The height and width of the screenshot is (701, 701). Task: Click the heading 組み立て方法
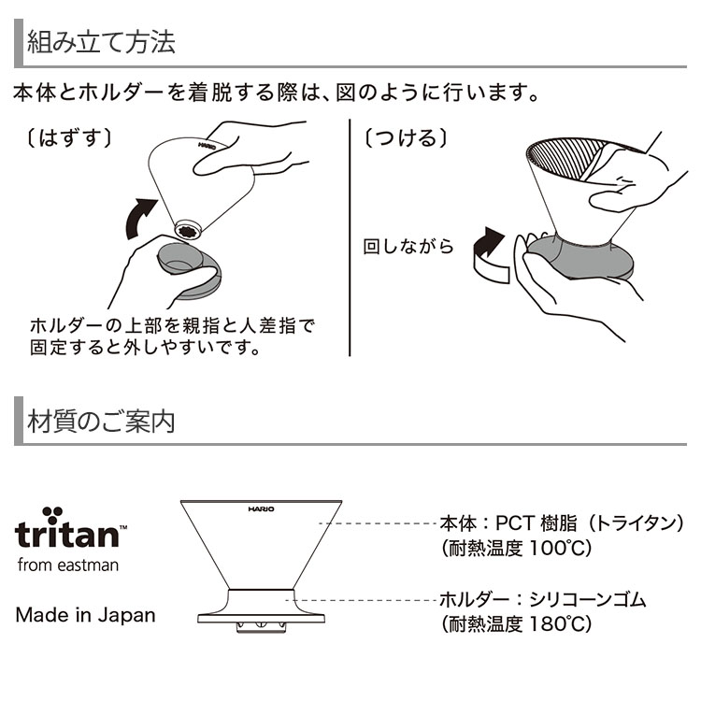[x=101, y=42]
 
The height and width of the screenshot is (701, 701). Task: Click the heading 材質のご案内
[x=101, y=421]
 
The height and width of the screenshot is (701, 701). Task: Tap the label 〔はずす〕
[x=68, y=137]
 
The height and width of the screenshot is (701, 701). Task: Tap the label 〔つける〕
[x=406, y=137]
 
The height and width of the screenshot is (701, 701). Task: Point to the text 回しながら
[x=408, y=247]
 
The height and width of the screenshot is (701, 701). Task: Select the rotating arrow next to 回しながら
[x=490, y=256]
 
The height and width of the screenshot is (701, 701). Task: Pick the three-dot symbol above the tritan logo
[x=52, y=515]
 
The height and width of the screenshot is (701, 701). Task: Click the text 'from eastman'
[x=68, y=565]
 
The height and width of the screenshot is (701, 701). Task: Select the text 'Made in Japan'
[x=85, y=615]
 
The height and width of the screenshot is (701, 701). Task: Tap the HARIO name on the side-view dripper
[x=261, y=508]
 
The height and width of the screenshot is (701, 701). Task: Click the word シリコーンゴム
[x=588, y=599]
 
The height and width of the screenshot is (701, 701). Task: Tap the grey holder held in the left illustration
[x=190, y=270]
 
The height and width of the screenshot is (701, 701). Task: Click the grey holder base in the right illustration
[x=579, y=258]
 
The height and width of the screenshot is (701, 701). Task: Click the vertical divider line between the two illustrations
[x=350, y=237]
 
